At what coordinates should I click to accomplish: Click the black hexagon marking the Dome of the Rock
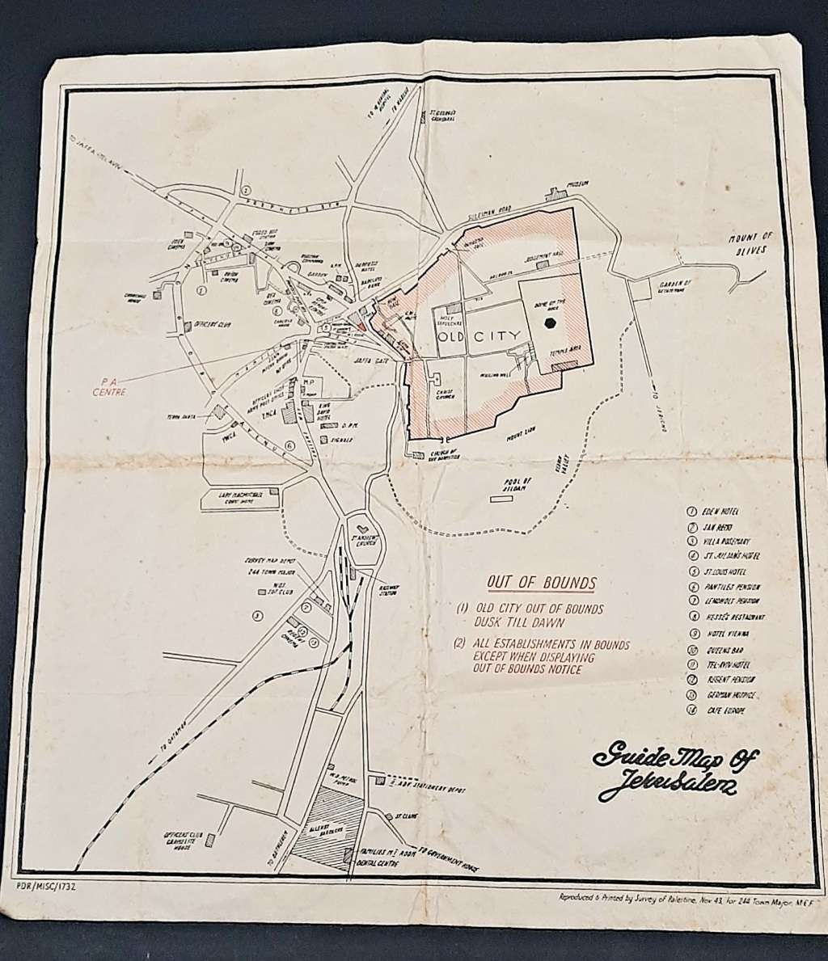tap(550, 324)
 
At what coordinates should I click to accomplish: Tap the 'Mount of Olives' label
tap(750, 242)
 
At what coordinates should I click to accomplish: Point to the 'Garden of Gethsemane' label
tap(677, 288)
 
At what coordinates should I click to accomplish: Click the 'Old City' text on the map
tap(484, 335)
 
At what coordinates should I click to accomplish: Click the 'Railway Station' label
tap(392, 594)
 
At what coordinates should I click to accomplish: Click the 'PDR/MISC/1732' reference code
tap(45, 887)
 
